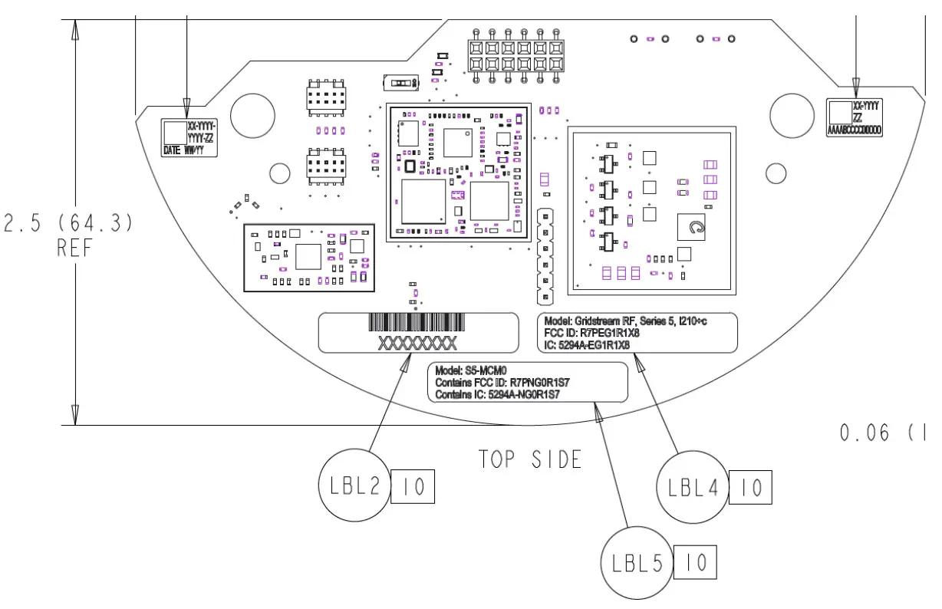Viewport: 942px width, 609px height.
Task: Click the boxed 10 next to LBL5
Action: [x=695, y=564]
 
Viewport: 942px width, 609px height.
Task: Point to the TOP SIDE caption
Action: [x=530, y=459]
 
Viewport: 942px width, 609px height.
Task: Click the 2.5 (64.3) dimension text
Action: [x=69, y=224]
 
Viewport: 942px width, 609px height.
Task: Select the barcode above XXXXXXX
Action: [x=418, y=322]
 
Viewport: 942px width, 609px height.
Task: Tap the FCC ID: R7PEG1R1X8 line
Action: [x=591, y=334]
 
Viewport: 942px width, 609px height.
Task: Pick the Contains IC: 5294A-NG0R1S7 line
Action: [x=497, y=394]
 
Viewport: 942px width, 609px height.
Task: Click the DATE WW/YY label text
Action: [x=183, y=151]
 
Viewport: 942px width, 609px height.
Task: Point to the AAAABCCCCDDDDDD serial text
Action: [x=855, y=131]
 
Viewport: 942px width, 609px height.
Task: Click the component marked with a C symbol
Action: [x=697, y=228]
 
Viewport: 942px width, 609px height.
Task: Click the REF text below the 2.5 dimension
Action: [x=74, y=249]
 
